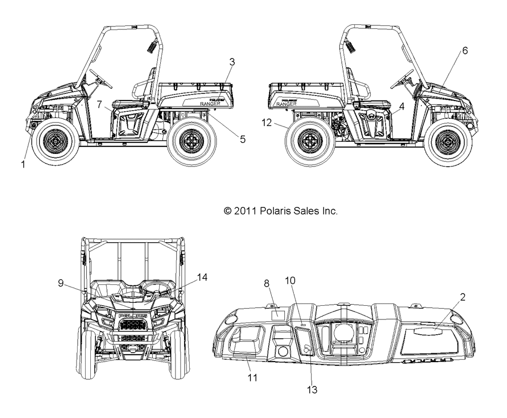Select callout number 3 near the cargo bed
(x=232, y=62)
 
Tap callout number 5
(x=243, y=139)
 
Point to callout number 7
(x=100, y=104)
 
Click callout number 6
(x=464, y=50)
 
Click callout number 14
(x=202, y=277)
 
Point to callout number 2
(x=462, y=297)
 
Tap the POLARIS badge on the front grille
(x=133, y=316)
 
